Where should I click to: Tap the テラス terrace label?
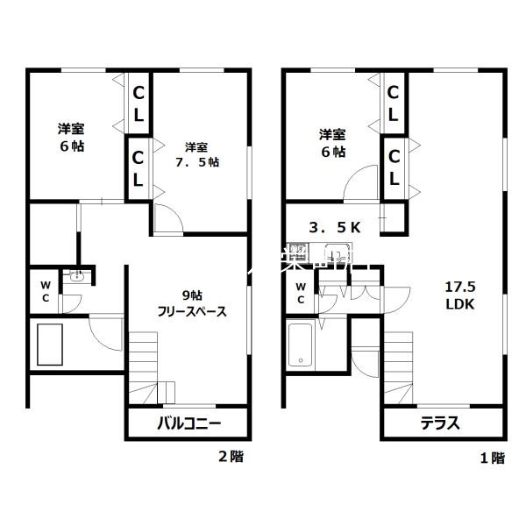[x=442, y=423]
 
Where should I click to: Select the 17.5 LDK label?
[x=459, y=295]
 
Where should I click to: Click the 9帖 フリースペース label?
[x=192, y=302]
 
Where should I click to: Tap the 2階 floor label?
[x=231, y=456]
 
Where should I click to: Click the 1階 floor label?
[x=493, y=456]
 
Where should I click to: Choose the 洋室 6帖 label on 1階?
[x=331, y=143]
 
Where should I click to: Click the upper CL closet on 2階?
[x=139, y=103]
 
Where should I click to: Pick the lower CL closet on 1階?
[x=394, y=167]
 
